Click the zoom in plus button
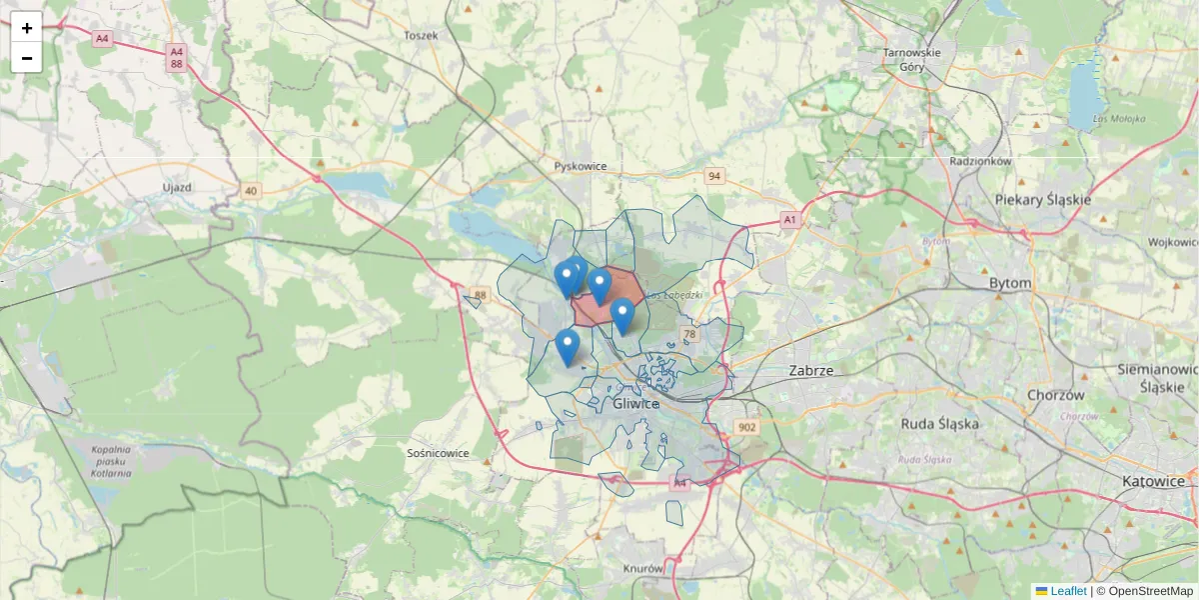click(27, 27)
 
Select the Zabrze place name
click(810, 370)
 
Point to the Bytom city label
click(1009, 283)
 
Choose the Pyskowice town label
click(580, 166)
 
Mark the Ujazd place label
click(176, 187)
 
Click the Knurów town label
click(642, 568)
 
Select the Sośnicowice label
click(438, 453)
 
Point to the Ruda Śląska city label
click(940, 423)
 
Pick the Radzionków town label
click(981, 160)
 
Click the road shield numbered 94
click(713, 176)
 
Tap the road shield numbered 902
click(746, 427)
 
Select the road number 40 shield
click(250, 190)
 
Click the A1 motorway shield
click(789, 219)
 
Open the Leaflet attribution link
click(1068, 591)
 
